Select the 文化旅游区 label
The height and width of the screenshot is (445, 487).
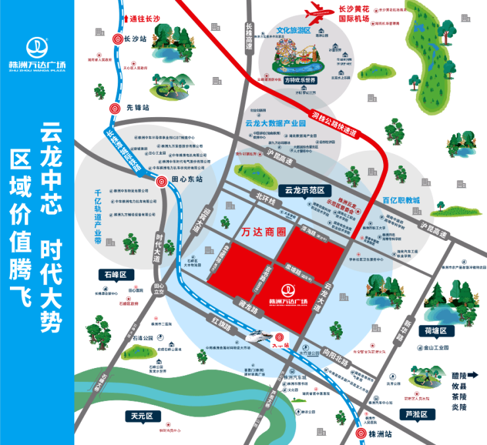pyautogui.click(x=293, y=30)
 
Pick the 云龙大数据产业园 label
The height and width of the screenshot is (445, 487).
pyautogui.click(x=276, y=123)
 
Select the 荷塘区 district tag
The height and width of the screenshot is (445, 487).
pyautogui.click(x=435, y=330)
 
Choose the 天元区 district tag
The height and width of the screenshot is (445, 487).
pyautogui.click(x=141, y=416)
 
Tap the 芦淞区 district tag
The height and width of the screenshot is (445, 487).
pyautogui.click(x=417, y=414)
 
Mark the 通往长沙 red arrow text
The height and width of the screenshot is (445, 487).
pyautogui.click(x=146, y=20)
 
